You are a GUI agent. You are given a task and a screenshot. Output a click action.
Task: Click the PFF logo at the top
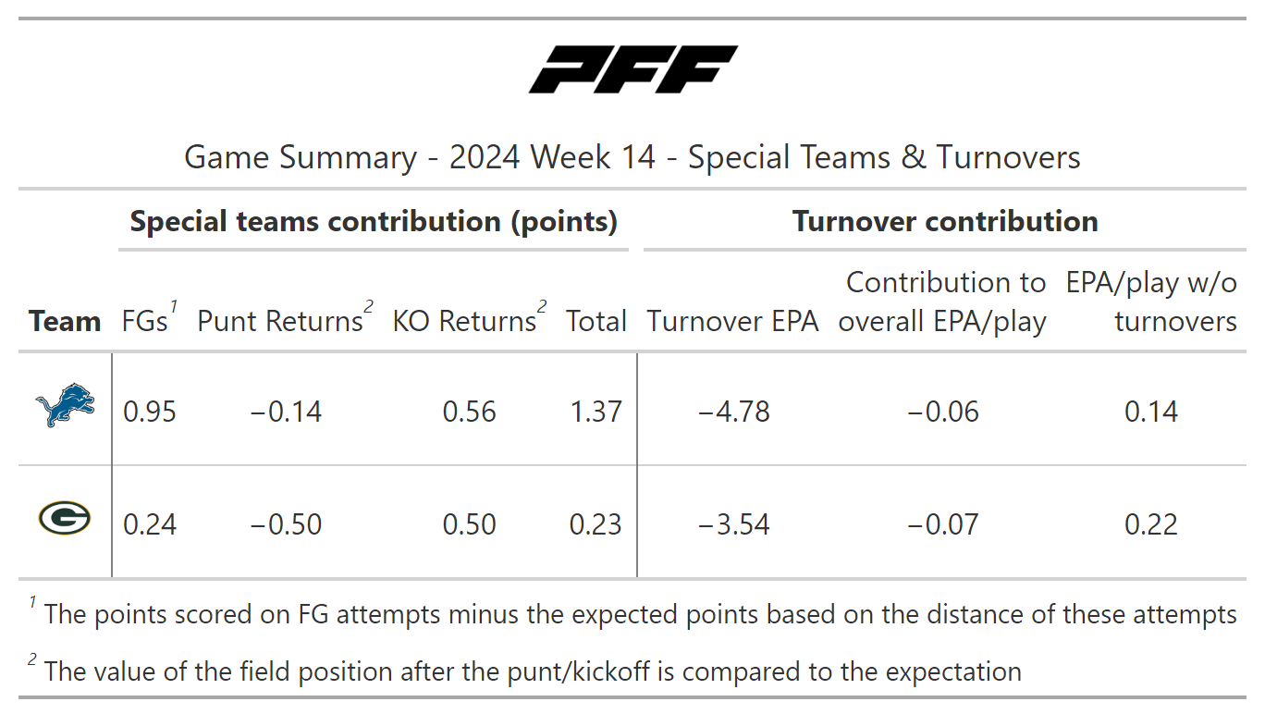(x=632, y=69)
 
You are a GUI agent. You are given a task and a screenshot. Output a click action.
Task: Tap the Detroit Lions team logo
(x=65, y=408)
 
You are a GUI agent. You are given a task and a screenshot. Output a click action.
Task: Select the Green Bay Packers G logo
(x=65, y=519)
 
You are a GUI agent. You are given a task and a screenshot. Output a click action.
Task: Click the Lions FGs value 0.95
(x=150, y=412)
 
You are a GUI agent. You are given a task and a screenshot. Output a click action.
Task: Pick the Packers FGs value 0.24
(x=150, y=524)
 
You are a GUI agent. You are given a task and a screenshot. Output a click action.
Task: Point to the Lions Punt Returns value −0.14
(x=286, y=412)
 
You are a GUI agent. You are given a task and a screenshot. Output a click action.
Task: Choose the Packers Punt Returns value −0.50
(x=286, y=524)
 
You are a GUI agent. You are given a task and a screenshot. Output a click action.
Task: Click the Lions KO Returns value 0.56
(x=469, y=412)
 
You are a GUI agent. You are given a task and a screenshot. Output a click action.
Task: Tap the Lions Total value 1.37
(x=596, y=412)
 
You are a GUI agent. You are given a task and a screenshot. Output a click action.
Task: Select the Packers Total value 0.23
(x=596, y=524)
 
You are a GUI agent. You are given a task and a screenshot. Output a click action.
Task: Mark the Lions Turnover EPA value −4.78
(x=733, y=412)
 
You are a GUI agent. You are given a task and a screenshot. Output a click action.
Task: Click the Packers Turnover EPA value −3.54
(x=733, y=524)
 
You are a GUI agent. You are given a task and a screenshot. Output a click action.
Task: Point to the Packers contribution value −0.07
(x=942, y=524)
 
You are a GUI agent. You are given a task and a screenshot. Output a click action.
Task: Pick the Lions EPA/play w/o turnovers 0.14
(x=1151, y=412)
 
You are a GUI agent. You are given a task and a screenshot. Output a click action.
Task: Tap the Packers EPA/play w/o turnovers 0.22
(x=1151, y=524)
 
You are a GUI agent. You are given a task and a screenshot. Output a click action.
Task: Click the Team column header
(x=65, y=321)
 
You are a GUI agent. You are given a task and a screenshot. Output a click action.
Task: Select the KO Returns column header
(x=465, y=321)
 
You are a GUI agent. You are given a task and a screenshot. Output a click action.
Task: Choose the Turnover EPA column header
(x=733, y=321)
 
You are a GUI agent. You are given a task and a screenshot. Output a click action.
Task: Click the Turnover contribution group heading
(x=945, y=221)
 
